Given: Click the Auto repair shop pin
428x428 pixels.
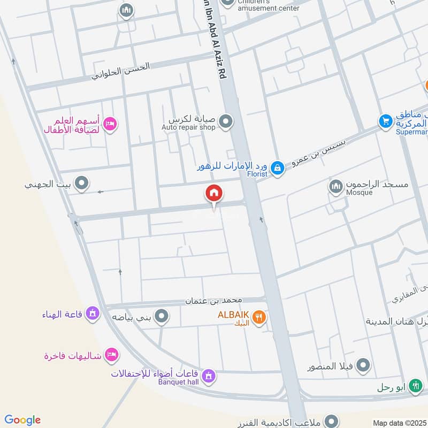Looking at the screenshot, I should [226, 122].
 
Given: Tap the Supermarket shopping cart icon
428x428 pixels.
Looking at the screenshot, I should [385, 121].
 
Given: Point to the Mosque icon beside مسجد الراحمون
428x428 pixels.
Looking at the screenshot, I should [335, 186].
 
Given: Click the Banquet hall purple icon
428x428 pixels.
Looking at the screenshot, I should [209, 377].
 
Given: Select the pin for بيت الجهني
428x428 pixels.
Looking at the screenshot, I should [81, 184].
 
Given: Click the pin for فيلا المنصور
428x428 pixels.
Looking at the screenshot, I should [363, 366].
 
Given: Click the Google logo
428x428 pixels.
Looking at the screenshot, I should [22, 420].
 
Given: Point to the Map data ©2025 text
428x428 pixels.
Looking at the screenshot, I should [399, 423].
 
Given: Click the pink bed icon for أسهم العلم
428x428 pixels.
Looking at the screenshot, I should [110, 124].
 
